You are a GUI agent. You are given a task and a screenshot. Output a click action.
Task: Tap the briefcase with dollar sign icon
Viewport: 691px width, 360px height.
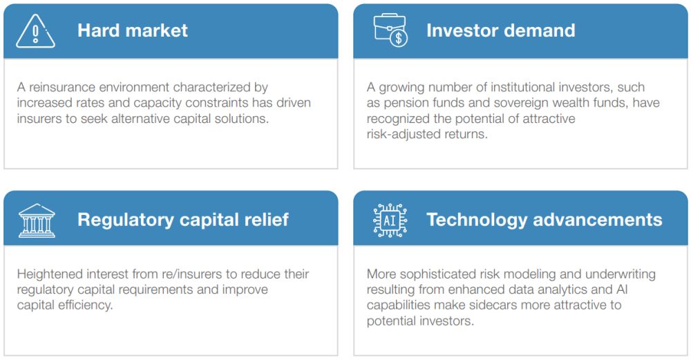(x=390, y=30)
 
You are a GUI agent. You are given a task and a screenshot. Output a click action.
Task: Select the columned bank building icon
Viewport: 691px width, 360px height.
(x=37, y=220)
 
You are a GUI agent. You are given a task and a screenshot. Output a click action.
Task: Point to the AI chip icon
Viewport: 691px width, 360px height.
(x=390, y=220)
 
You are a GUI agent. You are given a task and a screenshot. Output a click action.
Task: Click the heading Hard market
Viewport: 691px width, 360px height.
(x=133, y=30)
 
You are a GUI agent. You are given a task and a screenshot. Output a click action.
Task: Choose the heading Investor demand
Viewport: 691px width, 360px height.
(x=500, y=30)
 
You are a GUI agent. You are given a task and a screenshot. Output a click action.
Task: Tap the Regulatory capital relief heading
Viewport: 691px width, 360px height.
(x=183, y=220)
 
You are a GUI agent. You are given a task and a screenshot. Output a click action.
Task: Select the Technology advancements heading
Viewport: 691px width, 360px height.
(x=545, y=220)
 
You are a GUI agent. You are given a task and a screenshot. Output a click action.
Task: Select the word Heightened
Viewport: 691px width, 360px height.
(x=50, y=274)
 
